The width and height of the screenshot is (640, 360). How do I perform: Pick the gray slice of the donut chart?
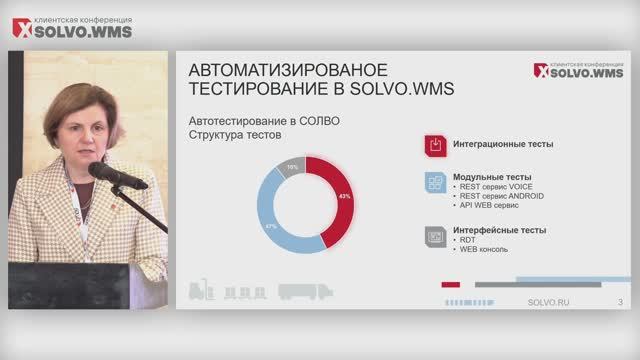(292, 168)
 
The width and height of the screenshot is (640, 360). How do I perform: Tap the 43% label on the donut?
(345, 197)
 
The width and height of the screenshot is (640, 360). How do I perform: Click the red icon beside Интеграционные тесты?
(435, 145)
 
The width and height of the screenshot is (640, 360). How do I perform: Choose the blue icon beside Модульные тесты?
(435, 182)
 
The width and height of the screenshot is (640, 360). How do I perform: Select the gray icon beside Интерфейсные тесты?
(435, 235)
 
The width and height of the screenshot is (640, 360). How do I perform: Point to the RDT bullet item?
(467, 240)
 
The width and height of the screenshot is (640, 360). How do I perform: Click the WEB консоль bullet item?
(484, 250)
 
